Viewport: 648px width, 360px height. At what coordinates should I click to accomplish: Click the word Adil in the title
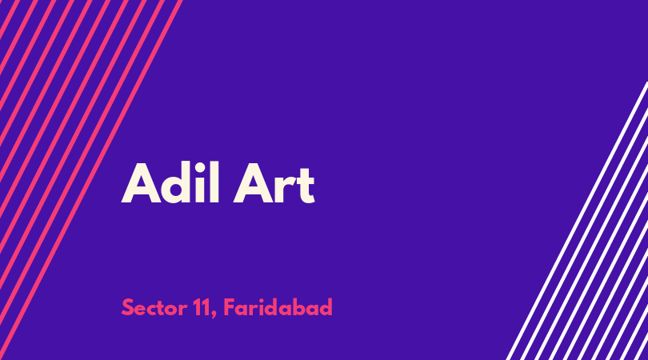(x=170, y=182)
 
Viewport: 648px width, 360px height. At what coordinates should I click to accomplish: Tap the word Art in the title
(x=274, y=183)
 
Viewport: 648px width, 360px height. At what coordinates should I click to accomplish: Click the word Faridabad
(x=278, y=307)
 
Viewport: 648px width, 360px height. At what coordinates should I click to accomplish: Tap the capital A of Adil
(x=141, y=183)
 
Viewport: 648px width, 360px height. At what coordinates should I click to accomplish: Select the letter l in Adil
(x=214, y=182)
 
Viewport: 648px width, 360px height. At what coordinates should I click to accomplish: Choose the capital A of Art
(x=254, y=183)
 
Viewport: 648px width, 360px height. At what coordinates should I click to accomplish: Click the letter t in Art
(x=306, y=186)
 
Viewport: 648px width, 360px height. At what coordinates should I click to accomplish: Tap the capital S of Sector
(x=128, y=307)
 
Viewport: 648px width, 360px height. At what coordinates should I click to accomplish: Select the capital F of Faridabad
(x=230, y=307)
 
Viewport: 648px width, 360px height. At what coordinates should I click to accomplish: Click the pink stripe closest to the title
(x=91, y=180)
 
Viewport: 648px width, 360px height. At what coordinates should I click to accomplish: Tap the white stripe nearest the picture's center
(x=577, y=221)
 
